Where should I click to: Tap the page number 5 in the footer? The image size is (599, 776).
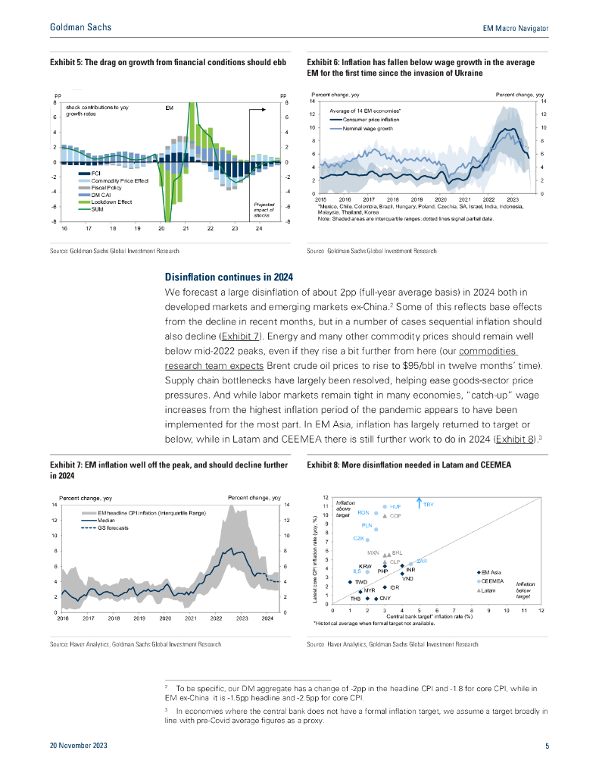tap(547, 746)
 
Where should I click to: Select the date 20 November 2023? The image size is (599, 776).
tap(79, 746)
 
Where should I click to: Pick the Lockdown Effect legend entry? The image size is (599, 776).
tap(111, 202)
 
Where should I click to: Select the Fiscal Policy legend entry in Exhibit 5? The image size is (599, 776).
tap(107, 187)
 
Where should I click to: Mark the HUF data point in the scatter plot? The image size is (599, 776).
tap(385, 506)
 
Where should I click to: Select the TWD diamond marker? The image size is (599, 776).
tap(350, 581)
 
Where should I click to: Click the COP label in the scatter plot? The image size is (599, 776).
tap(395, 515)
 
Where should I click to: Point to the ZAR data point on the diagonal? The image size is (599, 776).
tap(411, 564)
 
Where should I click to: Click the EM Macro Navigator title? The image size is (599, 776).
tap(515, 27)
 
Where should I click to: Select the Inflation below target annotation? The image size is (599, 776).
tap(526, 590)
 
